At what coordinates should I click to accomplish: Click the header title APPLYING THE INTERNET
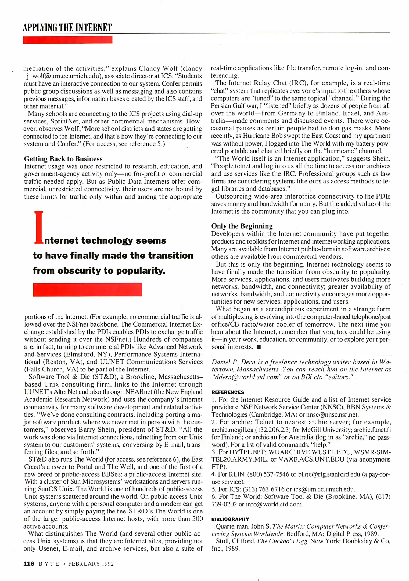[x=67, y=27]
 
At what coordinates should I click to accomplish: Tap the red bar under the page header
[x=67, y=40]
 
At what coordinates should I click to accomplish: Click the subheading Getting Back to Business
[x=63, y=159]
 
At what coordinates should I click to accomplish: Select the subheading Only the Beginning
[x=242, y=226]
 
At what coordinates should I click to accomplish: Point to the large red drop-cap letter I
[x=39, y=228]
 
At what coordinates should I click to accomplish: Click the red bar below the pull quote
[x=87, y=289]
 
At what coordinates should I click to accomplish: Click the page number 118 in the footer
[x=29, y=564]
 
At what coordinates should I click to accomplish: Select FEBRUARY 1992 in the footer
[x=91, y=564]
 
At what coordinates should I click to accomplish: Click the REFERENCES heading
[x=228, y=392]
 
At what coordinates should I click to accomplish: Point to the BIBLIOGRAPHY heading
[x=230, y=519]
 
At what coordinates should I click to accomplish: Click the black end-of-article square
[x=259, y=347]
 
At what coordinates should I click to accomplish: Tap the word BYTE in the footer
[x=49, y=564]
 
